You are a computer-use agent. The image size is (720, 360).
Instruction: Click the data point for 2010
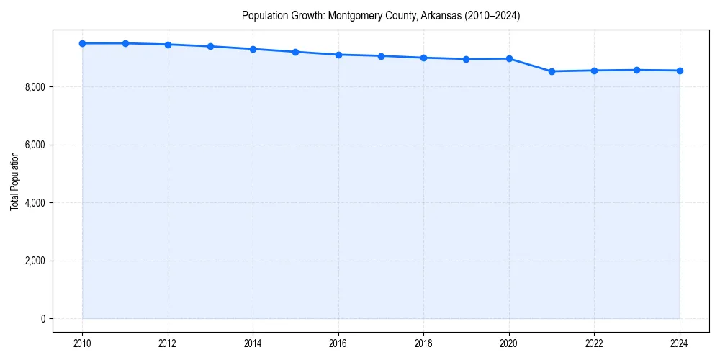click(x=83, y=43)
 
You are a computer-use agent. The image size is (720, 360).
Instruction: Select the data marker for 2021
click(x=552, y=71)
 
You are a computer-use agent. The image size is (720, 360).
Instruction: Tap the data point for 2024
click(x=680, y=71)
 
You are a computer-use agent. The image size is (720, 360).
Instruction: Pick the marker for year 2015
click(x=296, y=52)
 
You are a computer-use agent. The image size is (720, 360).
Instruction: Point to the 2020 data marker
click(x=509, y=58)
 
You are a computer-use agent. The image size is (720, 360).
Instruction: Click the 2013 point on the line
click(x=210, y=46)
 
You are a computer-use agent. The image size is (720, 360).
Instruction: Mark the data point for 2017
click(x=381, y=55)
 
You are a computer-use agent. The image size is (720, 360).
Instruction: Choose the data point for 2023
click(x=637, y=70)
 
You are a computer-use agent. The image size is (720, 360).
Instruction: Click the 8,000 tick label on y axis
click(x=35, y=87)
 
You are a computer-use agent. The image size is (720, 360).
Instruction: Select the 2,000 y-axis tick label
click(x=35, y=261)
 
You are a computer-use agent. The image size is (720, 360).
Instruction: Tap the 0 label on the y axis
click(x=42, y=319)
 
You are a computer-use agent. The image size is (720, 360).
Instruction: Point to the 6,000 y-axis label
click(x=35, y=145)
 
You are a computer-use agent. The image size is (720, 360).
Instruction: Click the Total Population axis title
click(x=14, y=181)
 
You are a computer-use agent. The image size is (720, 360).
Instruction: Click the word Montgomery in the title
click(x=352, y=15)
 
